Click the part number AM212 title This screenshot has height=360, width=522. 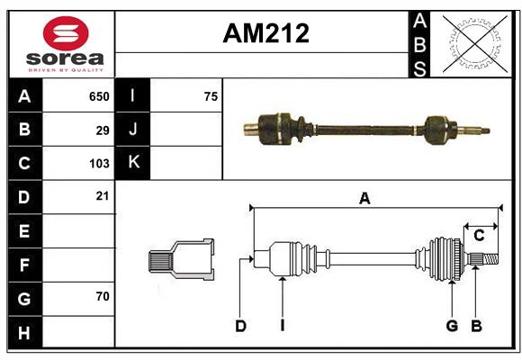(265, 33)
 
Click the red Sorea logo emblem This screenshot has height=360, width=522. (66, 34)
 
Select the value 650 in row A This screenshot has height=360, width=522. (98, 96)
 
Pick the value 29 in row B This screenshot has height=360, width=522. (102, 130)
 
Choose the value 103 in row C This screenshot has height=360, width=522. (98, 164)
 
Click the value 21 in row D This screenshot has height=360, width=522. (102, 196)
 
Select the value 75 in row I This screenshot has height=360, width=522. (211, 96)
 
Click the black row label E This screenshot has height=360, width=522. (24, 231)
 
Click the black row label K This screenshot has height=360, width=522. (134, 163)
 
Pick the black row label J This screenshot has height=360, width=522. (134, 130)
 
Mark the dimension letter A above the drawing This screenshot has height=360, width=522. (364, 199)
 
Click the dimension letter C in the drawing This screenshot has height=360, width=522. (479, 236)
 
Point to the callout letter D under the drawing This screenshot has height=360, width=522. (240, 326)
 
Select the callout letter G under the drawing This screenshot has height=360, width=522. (452, 326)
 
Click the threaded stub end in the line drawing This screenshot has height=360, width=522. (486, 259)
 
